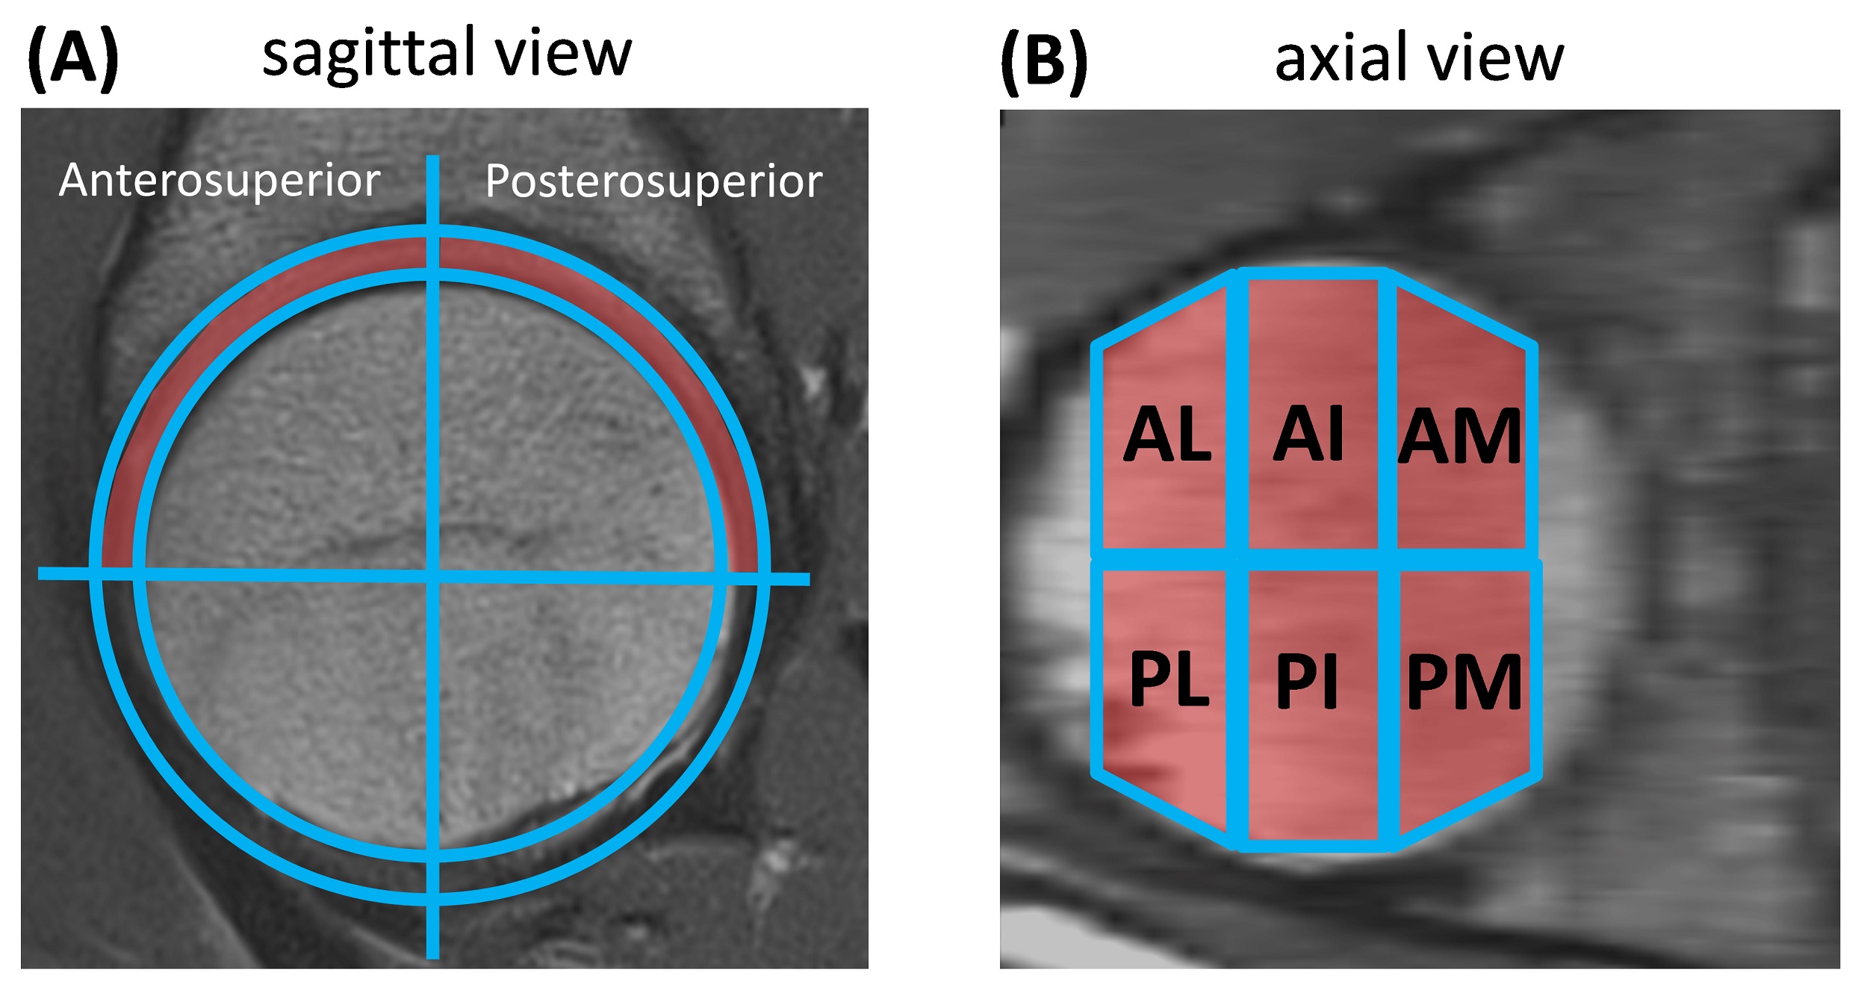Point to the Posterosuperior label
pos(653,181)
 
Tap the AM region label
pos(1459,437)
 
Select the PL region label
pos(1169,679)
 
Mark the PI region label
pos(1307,680)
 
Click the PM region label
pos(1464,682)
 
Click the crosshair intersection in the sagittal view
pos(432,575)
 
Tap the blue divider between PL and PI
pos(1237,702)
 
